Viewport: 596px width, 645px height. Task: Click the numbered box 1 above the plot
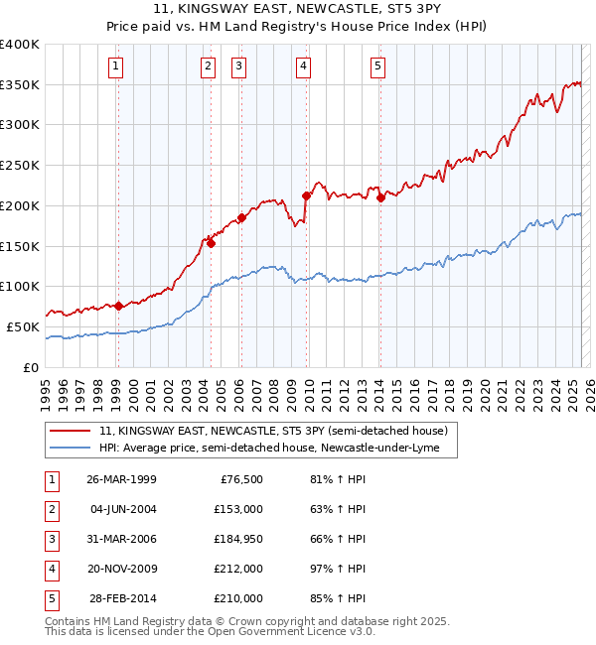(x=117, y=66)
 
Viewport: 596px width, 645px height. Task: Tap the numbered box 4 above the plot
(x=303, y=66)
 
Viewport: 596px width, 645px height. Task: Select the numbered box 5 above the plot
(x=378, y=66)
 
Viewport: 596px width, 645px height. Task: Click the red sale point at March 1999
(x=118, y=306)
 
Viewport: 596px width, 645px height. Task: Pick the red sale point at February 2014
(x=380, y=197)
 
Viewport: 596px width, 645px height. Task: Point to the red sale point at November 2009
(x=306, y=195)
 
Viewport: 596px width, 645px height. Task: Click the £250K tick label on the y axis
(x=20, y=165)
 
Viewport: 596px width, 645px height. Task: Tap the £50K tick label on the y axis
(x=24, y=326)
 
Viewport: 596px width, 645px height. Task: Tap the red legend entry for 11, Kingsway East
(x=274, y=431)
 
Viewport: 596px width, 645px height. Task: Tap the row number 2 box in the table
(x=50, y=508)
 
